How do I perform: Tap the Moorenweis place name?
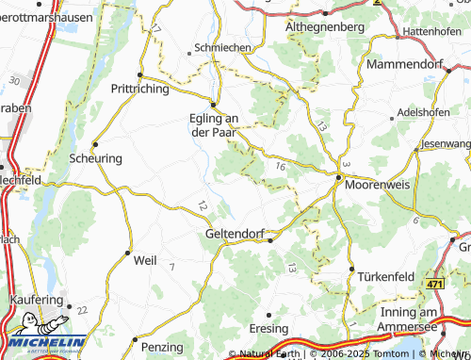tap(380, 185)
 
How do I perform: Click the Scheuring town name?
tap(96, 158)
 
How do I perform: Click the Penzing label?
tap(162, 348)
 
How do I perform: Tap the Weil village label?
tap(145, 259)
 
